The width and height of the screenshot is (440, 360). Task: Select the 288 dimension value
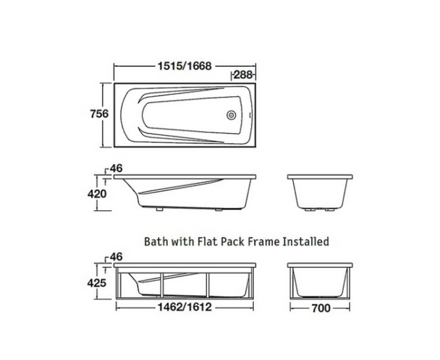244,75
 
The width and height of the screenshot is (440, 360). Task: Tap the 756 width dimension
98,113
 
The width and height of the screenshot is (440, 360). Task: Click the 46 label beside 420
116,168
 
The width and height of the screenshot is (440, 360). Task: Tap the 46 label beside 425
116,257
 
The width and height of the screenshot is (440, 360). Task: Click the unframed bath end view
321,191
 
